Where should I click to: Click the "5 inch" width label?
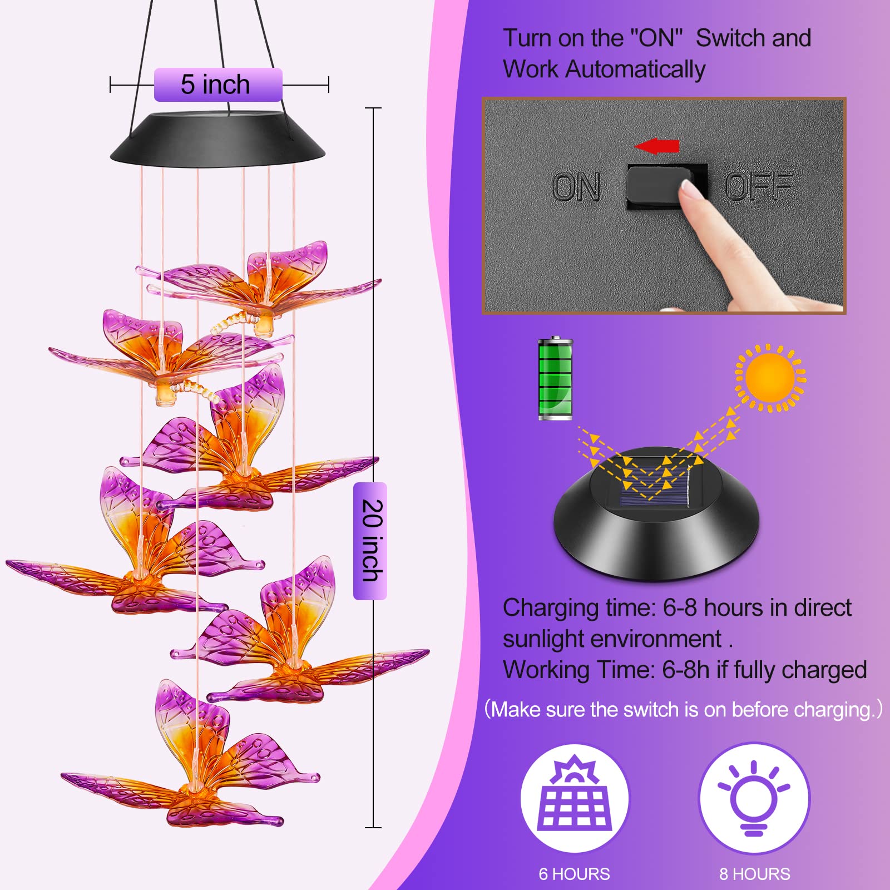[x=215, y=85]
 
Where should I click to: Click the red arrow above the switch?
[x=656, y=146]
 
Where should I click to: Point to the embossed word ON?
[x=576, y=186]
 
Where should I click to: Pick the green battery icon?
[x=555, y=378]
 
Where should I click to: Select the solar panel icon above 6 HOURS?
[x=575, y=793]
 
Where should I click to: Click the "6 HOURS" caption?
[x=574, y=874]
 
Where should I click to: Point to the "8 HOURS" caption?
[x=754, y=874]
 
